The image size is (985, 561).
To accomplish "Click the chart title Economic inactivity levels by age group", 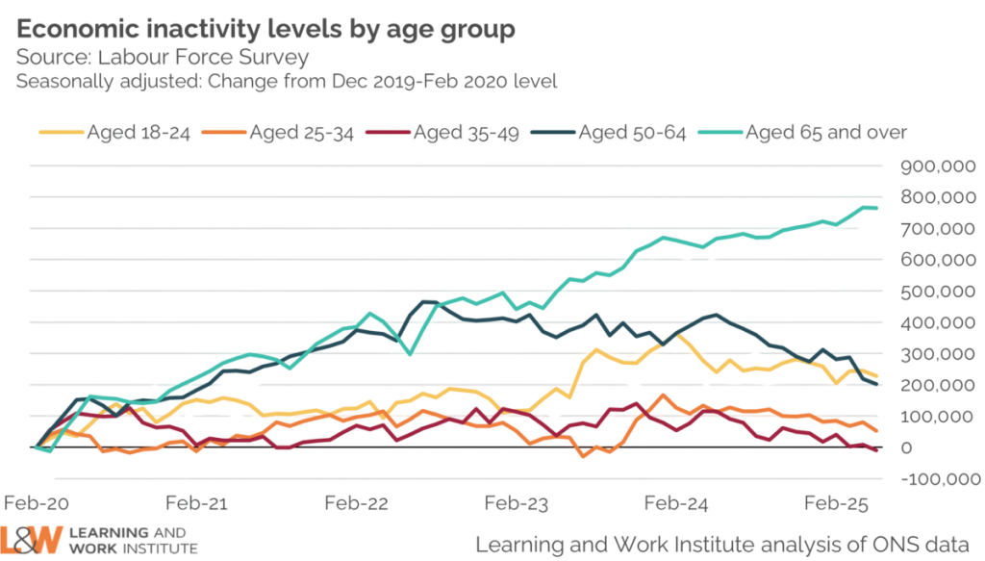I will click(260, 28).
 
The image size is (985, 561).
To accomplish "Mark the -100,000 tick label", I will click(932, 479).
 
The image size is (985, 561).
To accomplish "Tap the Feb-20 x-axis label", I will click(38, 503).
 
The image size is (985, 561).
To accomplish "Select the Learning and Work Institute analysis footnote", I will click(721, 543).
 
